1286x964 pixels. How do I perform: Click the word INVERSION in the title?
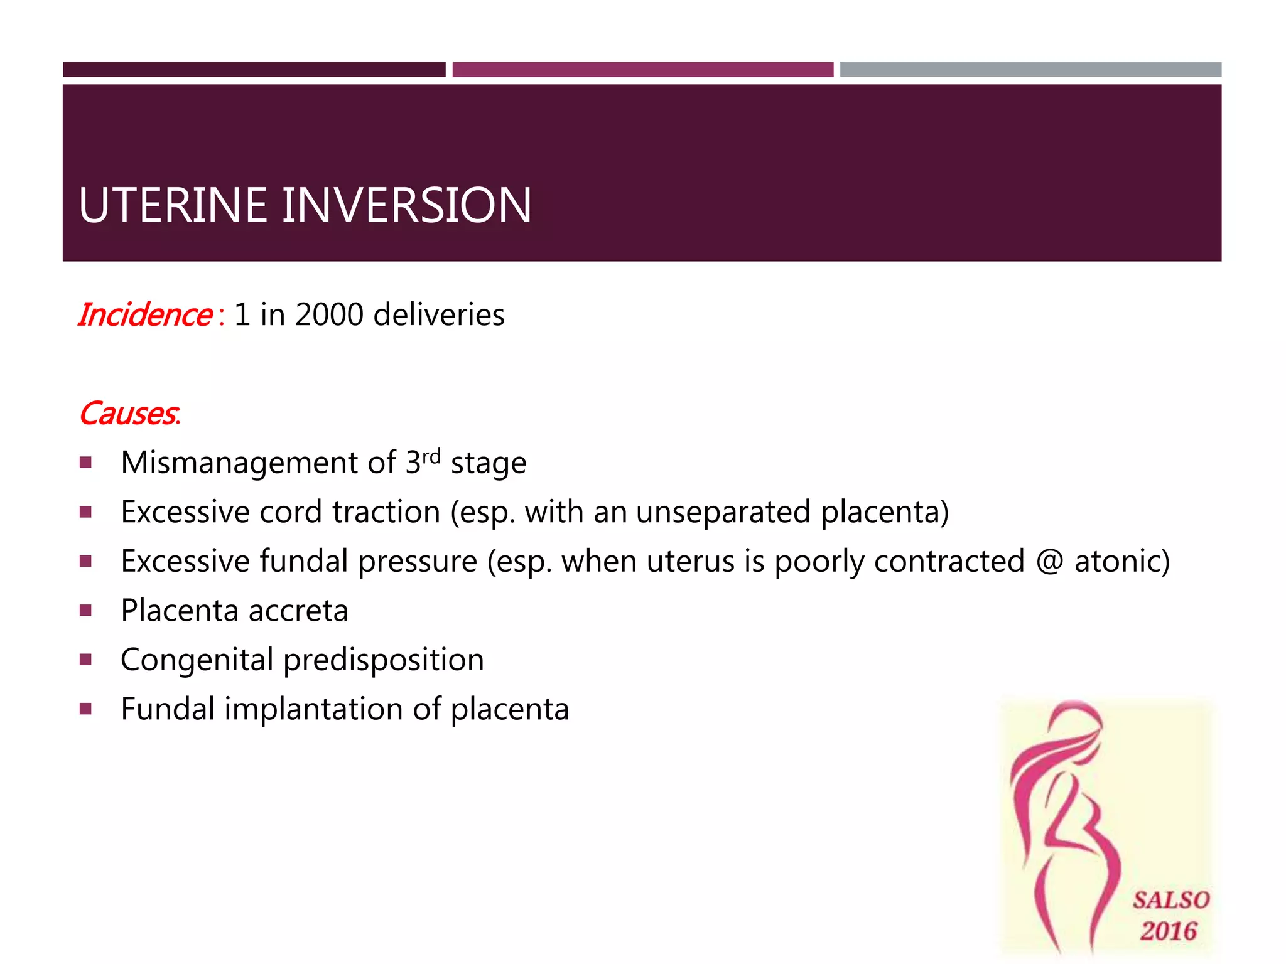[406, 205]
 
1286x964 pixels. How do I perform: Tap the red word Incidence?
[145, 314]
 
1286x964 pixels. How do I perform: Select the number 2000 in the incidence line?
[329, 314]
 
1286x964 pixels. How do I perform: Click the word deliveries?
[438, 314]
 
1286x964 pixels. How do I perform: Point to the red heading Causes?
[129, 414]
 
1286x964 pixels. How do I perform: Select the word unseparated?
[723, 512]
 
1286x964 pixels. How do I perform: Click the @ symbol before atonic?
[1050, 560]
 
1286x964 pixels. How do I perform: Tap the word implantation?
[314, 709]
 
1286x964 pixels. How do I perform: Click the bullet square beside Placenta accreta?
[86, 610]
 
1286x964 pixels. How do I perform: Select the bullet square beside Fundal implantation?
[86, 709]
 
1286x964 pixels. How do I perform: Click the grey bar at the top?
[1030, 70]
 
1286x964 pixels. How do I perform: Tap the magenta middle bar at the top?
[642, 70]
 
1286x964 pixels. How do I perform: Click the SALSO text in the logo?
[1170, 900]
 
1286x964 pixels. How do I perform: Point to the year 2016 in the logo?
[1169, 931]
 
